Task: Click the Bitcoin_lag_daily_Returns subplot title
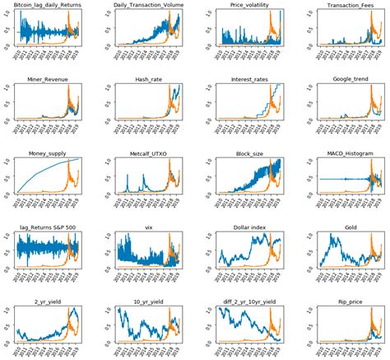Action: [x=46, y=5]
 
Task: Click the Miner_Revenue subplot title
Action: [x=46, y=78]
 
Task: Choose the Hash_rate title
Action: [x=146, y=78]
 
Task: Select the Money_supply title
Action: [x=46, y=151]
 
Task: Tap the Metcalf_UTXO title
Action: [x=146, y=151]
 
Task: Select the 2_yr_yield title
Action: [x=46, y=301]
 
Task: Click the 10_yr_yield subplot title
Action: [x=146, y=301]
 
